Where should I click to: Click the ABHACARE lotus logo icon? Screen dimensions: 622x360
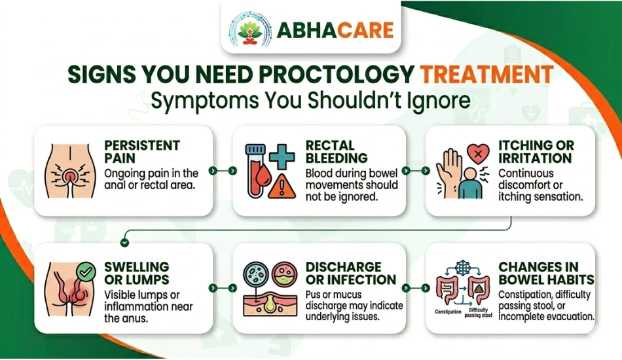tap(250, 29)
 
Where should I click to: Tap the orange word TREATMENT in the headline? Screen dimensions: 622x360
tap(486, 74)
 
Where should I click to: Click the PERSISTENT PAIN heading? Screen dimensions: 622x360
tap(142, 151)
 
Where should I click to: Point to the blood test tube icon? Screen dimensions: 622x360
tap(256, 170)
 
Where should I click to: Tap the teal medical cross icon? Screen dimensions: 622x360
tap(282, 157)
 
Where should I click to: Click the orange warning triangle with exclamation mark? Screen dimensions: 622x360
tap(282, 186)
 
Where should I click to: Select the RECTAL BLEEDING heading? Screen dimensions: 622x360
tap(337, 151)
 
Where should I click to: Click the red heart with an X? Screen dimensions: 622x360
tap(478, 153)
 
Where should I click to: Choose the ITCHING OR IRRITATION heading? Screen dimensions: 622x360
tap(536, 151)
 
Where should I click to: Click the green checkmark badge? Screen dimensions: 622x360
tap(86, 272)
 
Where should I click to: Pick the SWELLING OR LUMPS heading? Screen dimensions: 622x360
tap(137, 273)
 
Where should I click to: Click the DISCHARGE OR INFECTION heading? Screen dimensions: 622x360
tap(351, 273)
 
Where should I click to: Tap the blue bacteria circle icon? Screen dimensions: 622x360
tap(256, 274)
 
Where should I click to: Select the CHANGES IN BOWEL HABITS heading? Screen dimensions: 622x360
tap(546, 273)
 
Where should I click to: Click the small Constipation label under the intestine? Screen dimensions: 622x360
tap(448, 312)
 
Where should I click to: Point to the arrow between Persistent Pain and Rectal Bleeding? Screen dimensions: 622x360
tap(223, 170)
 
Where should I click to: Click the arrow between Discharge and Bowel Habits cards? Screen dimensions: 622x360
tap(416, 288)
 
